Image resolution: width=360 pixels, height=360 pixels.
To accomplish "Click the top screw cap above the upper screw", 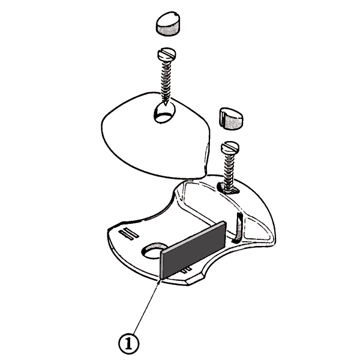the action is point(168,23).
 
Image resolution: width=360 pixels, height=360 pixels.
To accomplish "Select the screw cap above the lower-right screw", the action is point(230,118).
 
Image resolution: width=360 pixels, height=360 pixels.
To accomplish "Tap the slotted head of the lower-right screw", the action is point(230,148).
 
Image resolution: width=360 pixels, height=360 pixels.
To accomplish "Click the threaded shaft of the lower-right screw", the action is point(229,171).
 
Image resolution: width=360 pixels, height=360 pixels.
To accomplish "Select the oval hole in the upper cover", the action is point(164,113).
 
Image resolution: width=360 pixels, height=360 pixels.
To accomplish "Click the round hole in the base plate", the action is point(152,251).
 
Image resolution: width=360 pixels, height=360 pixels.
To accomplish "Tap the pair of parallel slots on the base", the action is point(128,234).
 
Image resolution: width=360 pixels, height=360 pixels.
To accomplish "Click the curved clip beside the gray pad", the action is point(237,228).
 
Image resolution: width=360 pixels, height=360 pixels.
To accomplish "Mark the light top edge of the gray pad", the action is point(193,236).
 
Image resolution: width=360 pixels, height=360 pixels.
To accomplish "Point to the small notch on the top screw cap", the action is point(176,15).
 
